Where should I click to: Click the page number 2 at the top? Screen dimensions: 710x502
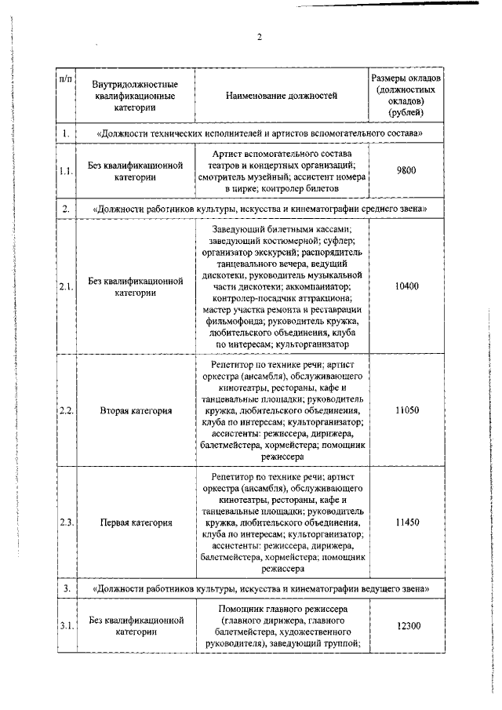pyautogui.click(x=259, y=37)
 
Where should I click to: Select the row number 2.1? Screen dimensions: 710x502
pyautogui.click(x=67, y=286)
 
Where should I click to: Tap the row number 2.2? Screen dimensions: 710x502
pyautogui.click(x=67, y=410)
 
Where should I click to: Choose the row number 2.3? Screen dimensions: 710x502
pyautogui.click(x=67, y=521)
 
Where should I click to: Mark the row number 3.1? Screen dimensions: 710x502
pyautogui.click(x=67, y=625)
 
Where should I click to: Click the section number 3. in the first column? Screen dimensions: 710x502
pyautogui.click(x=67, y=587)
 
